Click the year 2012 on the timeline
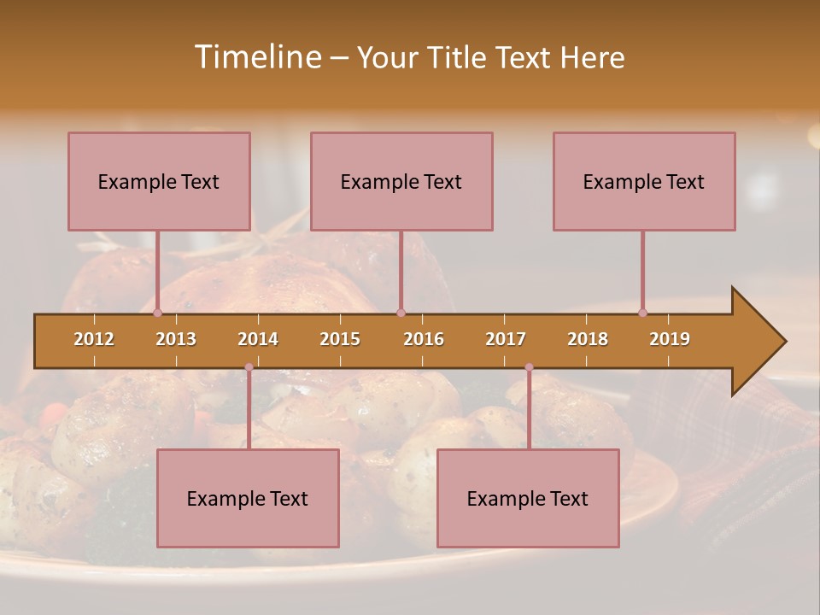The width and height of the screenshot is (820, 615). pyautogui.click(x=94, y=339)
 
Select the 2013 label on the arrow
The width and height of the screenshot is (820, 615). pyautogui.click(x=176, y=339)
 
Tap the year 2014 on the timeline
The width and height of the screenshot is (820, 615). pyautogui.click(x=258, y=339)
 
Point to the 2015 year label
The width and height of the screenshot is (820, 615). pyautogui.click(x=340, y=339)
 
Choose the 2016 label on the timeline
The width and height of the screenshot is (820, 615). pyautogui.click(x=424, y=339)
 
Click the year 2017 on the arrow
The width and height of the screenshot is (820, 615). pyautogui.click(x=506, y=339)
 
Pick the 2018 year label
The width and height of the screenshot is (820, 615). pyautogui.click(x=588, y=339)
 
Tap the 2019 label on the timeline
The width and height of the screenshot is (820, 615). pyautogui.click(x=670, y=339)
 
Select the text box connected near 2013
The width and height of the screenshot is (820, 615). pyautogui.click(x=159, y=181)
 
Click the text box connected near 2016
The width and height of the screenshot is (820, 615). pyautogui.click(x=401, y=181)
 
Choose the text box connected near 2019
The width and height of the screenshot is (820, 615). pyautogui.click(x=644, y=181)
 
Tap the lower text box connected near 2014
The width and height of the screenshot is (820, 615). pyautogui.click(x=248, y=498)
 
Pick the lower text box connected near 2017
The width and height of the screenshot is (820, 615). pyautogui.click(x=528, y=498)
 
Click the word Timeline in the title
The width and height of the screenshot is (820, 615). pyautogui.click(x=256, y=57)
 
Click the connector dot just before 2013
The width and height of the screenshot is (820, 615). pyautogui.click(x=158, y=313)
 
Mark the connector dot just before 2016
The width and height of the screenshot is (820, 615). pyautogui.click(x=401, y=313)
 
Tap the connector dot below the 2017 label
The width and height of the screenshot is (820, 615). pyautogui.click(x=529, y=367)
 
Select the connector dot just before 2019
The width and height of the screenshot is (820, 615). pyautogui.click(x=643, y=313)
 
